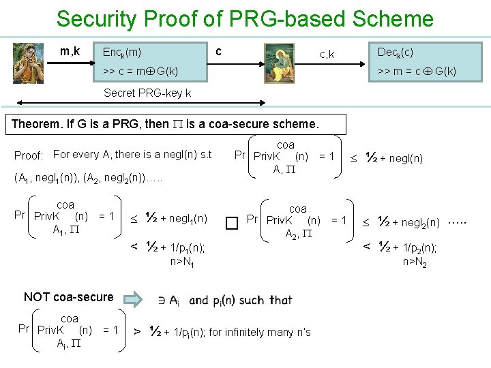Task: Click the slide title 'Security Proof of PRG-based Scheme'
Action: click(245, 18)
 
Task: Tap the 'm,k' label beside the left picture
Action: click(70, 50)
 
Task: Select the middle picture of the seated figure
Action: click(279, 63)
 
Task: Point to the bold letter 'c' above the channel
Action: click(218, 51)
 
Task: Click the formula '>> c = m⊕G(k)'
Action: click(140, 71)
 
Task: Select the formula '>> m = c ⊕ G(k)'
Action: click(417, 71)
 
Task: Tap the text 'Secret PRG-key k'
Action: click(147, 93)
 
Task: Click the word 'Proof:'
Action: click(29, 155)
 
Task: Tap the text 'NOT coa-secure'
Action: click(68, 297)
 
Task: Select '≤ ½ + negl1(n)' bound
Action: click(168, 219)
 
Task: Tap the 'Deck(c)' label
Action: click(395, 52)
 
